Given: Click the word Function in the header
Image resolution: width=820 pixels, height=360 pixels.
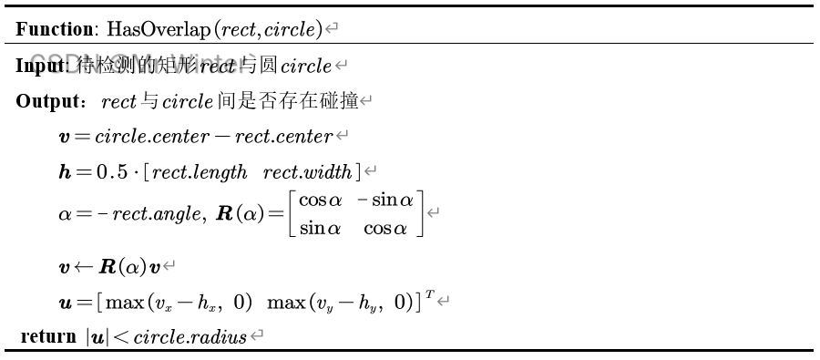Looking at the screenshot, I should coord(49,30).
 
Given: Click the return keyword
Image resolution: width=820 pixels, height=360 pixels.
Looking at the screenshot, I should coord(48,337).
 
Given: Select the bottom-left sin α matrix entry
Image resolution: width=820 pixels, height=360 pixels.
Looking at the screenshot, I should coord(320,229).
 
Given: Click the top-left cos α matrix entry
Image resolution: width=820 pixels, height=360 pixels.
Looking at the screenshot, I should coord(320,201).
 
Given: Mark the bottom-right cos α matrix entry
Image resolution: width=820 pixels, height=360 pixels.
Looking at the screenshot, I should coord(386,229).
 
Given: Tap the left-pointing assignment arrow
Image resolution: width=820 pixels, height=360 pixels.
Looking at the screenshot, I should coord(77,269).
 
